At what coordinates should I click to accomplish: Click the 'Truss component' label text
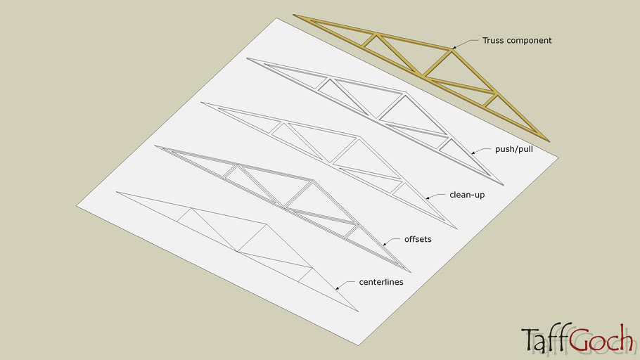(x=517, y=41)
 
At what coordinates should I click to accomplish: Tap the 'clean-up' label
(x=468, y=195)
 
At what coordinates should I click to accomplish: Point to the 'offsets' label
(x=418, y=239)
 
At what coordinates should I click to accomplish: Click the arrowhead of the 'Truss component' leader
(x=454, y=48)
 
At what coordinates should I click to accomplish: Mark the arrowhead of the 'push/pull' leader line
(x=472, y=153)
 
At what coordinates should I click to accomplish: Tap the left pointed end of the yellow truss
(x=294, y=15)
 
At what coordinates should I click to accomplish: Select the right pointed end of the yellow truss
(x=549, y=141)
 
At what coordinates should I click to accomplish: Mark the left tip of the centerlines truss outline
(x=116, y=191)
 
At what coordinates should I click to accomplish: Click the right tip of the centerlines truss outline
(x=359, y=311)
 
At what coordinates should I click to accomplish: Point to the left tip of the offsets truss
(x=155, y=146)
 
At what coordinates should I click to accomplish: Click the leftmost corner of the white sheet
(x=77, y=206)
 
